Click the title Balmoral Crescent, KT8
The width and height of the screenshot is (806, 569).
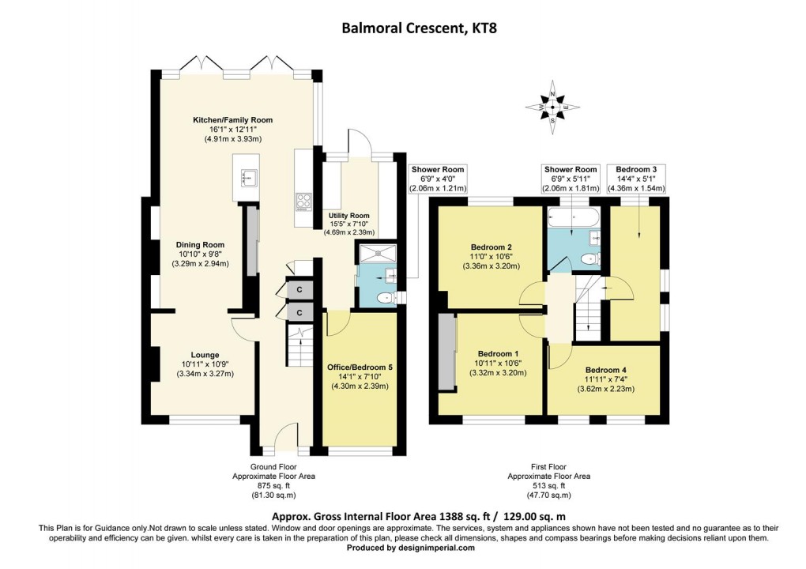pyautogui.click(x=403, y=28)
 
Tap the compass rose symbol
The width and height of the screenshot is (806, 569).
pyautogui.click(x=552, y=107)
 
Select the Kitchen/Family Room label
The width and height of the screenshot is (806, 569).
pyautogui.click(x=232, y=120)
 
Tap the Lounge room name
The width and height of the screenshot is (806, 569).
pyautogui.click(x=204, y=355)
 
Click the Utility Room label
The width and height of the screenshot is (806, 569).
pyautogui.click(x=348, y=215)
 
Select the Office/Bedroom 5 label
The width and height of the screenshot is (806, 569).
pyautogui.click(x=359, y=367)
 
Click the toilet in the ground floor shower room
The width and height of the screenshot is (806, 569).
pyautogui.click(x=385, y=298)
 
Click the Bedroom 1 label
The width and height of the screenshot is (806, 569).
pyautogui.click(x=497, y=353)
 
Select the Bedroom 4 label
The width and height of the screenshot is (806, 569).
pyautogui.click(x=605, y=370)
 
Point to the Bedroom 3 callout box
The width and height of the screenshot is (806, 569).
pyautogui.click(x=636, y=179)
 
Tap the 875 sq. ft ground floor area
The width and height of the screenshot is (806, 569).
pyautogui.click(x=263, y=486)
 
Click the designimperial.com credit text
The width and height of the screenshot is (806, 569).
pyautogui.click(x=402, y=547)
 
